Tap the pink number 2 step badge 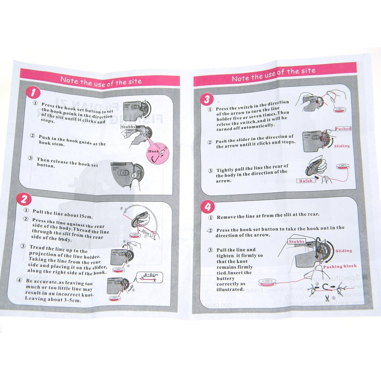coord(24,199)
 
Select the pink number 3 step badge coord(207,100)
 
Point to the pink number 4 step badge coord(208,207)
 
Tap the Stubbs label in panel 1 coord(128,126)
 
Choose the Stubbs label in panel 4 coord(296,242)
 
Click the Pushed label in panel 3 coord(343,129)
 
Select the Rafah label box coord(306,181)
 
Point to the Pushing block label coord(339,266)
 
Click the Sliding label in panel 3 coord(341,146)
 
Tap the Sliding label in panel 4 coord(344,251)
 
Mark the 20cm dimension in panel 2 coord(145,232)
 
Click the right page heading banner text coord(274,74)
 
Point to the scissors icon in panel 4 coord(322,298)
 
